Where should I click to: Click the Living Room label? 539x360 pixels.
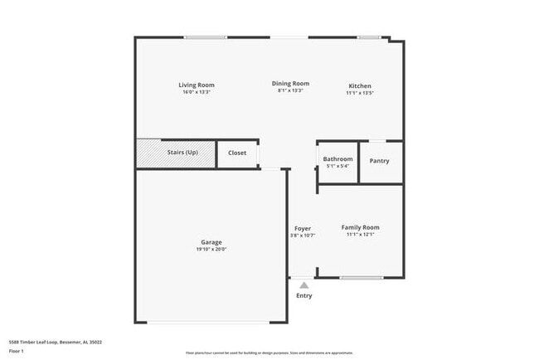coord(197,85)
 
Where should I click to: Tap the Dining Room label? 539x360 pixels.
coord(290,83)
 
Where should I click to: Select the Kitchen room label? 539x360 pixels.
coord(360,85)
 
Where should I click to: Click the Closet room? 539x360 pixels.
coord(237,153)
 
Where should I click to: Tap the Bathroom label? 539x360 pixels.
coord(337,158)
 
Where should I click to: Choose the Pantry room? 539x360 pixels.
coord(379,161)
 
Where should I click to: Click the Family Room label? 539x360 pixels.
coord(360,227)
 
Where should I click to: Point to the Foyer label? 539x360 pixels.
coord(303,228)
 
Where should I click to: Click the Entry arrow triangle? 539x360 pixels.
coord(303,285)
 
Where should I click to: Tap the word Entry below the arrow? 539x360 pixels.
coord(304,296)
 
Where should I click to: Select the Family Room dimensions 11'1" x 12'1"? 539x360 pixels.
coord(360,235)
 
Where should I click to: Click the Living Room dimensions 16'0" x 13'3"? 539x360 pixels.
coord(197,91)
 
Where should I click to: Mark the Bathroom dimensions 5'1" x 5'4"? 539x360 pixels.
coord(337,166)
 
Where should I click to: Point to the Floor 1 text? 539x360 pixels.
coord(17,350)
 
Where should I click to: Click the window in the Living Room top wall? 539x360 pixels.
coord(206,36)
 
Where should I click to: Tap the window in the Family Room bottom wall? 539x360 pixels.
coord(361,277)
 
